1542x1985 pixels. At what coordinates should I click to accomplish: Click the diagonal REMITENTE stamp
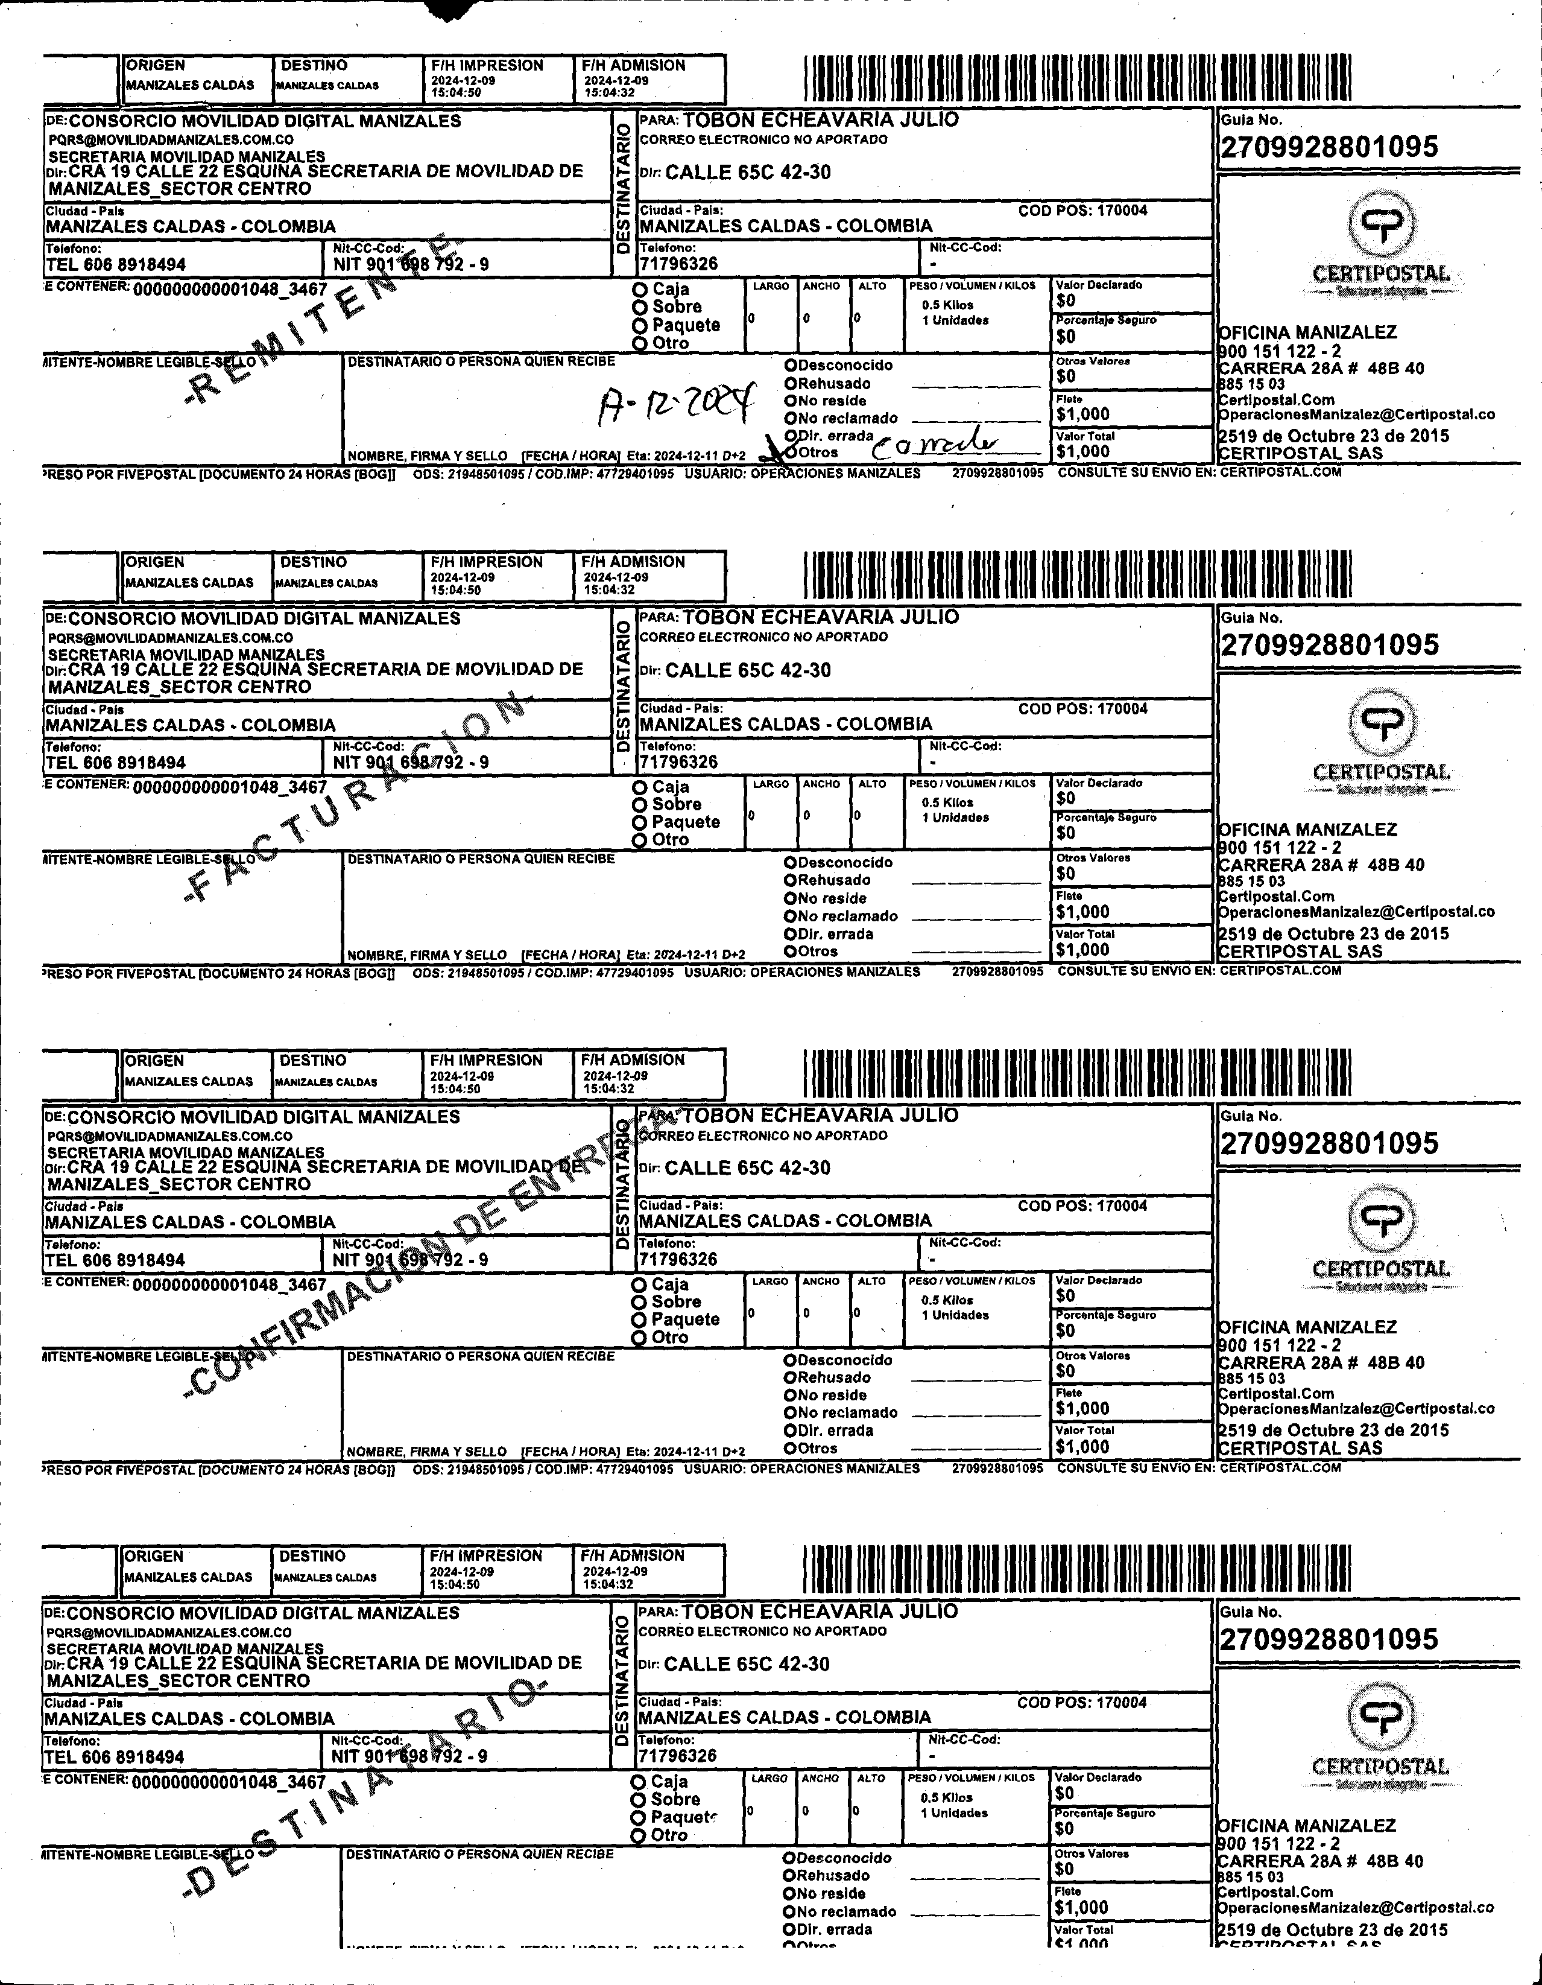point(323,318)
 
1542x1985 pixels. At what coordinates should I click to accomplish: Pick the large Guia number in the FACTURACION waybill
point(1329,644)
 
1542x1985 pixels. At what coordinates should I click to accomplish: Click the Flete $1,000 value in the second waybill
point(1082,912)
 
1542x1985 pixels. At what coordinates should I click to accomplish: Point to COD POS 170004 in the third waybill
point(1082,1206)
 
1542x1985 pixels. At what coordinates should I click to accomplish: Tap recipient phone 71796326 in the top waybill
point(678,264)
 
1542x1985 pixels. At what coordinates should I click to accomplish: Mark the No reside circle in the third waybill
point(791,1395)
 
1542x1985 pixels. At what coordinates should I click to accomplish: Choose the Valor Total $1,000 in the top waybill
point(1082,451)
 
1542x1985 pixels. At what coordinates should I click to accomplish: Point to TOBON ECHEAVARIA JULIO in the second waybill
point(820,617)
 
